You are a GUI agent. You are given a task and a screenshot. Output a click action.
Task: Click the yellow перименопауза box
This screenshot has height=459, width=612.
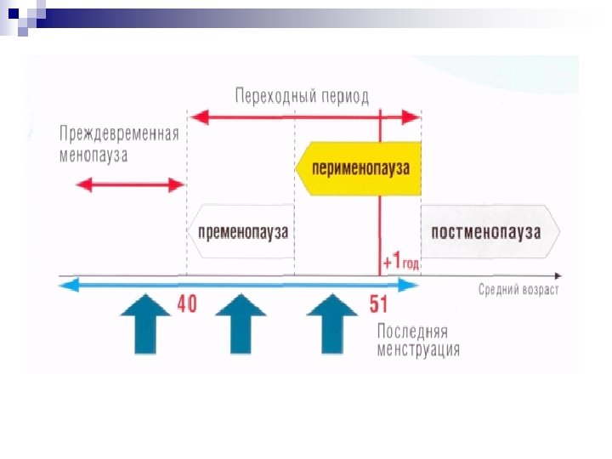pyautogui.click(x=359, y=168)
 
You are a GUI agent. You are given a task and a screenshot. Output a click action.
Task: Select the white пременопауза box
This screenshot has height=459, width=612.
pyautogui.click(x=241, y=231)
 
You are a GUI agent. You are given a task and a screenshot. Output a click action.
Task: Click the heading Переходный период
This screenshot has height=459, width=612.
pyautogui.click(x=302, y=95)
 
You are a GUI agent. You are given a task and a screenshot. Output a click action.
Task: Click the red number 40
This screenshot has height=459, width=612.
pyautogui.click(x=187, y=304)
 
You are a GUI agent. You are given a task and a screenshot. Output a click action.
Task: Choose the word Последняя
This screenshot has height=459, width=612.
pyautogui.click(x=412, y=331)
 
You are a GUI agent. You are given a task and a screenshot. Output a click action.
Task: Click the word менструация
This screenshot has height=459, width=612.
pyautogui.click(x=419, y=348)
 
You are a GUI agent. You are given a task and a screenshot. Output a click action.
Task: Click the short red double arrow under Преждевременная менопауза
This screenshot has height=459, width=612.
pyautogui.click(x=130, y=184)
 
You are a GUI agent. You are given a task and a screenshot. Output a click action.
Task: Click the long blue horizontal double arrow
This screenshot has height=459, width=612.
pyautogui.click(x=238, y=286)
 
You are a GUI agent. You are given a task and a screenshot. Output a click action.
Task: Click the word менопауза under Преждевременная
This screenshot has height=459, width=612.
pyautogui.click(x=93, y=155)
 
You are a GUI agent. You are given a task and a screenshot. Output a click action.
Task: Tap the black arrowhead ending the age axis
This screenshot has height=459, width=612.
pyautogui.click(x=557, y=276)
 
